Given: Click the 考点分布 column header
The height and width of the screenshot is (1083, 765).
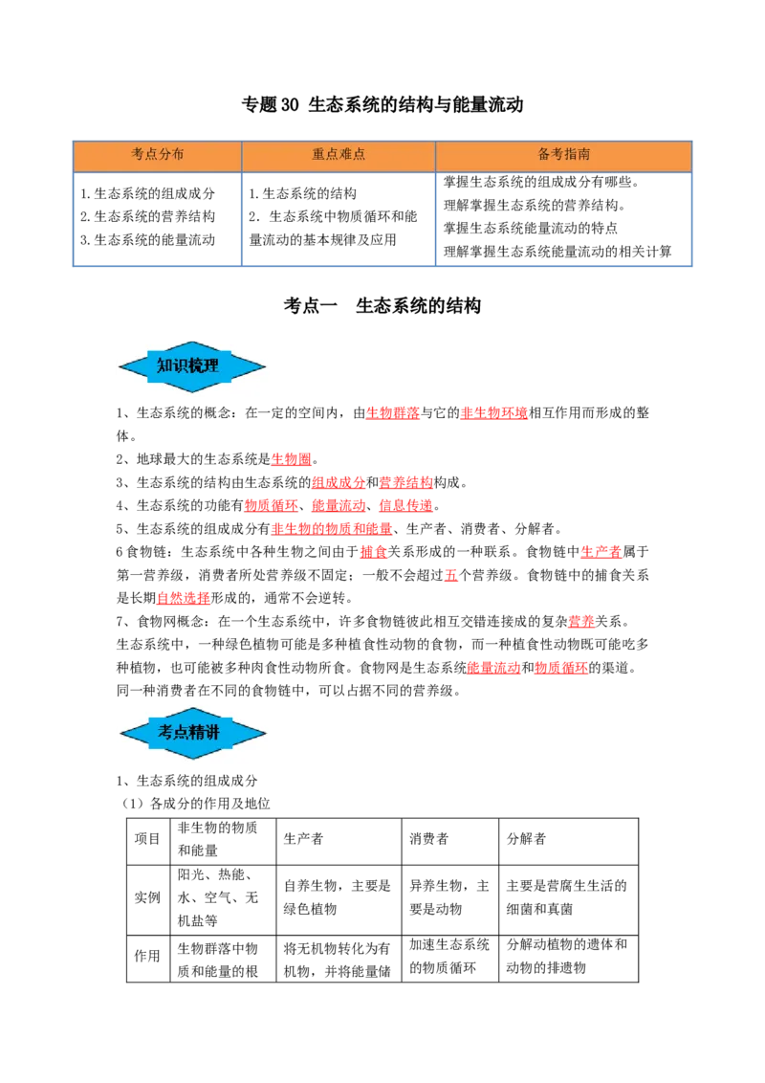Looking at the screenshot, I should (157, 155).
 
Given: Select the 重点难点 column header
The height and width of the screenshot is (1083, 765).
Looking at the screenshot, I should (339, 155).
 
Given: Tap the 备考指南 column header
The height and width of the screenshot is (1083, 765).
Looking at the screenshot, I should (563, 155).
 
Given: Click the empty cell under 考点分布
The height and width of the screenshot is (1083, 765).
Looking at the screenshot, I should (157, 217).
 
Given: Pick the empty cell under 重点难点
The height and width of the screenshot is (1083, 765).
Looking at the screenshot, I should (337, 217).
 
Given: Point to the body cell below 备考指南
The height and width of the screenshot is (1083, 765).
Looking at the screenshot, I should (565, 217).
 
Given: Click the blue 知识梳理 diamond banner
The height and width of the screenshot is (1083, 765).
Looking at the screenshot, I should (192, 366).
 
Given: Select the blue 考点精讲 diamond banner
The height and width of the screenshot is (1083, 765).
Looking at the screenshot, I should (192, 734).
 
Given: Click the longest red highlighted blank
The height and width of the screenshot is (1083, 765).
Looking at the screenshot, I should (332, 528).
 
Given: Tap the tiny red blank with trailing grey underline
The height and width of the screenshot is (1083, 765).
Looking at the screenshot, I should (451, 575).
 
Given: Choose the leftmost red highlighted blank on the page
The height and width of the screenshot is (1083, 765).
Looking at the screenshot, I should (183, 599).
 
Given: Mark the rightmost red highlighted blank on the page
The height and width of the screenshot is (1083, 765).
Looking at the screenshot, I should (601, 552).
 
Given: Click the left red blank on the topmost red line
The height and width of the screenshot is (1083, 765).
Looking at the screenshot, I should (392, 413).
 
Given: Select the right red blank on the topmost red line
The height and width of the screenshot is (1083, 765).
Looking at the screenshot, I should (493, 413).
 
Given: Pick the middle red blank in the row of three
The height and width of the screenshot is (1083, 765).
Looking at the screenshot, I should (338, 505).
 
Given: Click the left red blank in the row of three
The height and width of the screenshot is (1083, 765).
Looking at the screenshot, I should (271, 505).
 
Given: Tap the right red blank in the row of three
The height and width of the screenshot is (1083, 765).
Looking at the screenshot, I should (405, 505).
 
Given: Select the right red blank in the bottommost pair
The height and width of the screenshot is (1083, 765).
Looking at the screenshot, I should (560, 668).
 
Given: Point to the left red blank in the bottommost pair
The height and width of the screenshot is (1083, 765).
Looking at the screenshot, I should (493, 668).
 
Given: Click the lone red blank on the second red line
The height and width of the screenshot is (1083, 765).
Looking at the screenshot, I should (291, 459).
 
